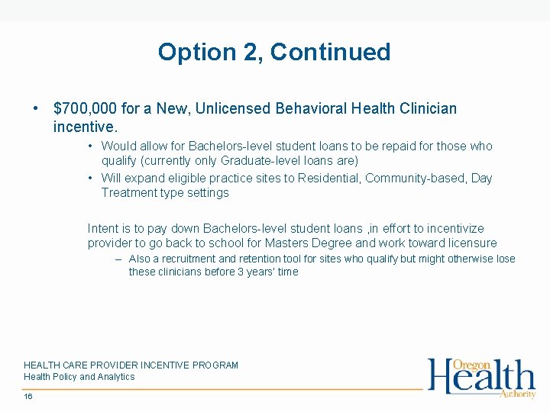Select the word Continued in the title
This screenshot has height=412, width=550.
[330, 52]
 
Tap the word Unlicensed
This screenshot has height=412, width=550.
[231, 108]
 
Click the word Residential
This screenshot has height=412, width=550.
[330, 178]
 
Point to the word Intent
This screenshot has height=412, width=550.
[102, 228]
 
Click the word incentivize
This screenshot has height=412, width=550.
[455, 228]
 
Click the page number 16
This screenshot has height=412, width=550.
[28, 397]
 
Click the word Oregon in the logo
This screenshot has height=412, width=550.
[472, 365]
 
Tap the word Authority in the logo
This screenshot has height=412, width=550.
[518, 394]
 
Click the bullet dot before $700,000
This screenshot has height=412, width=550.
[36, 108]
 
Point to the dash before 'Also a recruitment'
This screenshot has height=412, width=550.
[118, 259]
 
